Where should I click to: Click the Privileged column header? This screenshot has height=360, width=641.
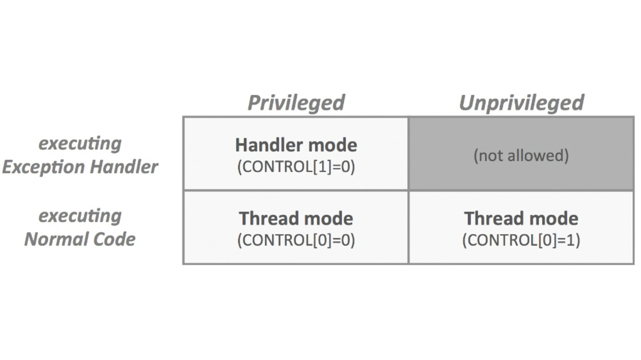[296, 103]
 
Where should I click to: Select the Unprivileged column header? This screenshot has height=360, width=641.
[521, 103]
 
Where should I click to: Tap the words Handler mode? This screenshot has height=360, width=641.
[296, 145]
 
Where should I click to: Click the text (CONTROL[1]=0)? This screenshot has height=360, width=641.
[296, 167]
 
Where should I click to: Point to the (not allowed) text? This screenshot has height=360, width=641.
[521, 156]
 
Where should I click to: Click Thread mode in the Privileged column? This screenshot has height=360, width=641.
[296, 218]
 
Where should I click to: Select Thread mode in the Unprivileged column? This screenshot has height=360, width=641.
[521, 218]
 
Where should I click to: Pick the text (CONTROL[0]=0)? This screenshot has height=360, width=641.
[296, 240]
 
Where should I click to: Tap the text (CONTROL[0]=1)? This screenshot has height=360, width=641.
[521, 240]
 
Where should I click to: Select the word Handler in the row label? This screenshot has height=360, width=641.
[124, 167]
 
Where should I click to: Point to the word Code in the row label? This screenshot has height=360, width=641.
[114, 239]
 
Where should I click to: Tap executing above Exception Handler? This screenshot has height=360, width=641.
[80, 144]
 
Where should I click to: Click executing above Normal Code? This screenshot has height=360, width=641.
[80, 216]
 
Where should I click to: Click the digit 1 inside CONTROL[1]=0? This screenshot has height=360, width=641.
[322, 167]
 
